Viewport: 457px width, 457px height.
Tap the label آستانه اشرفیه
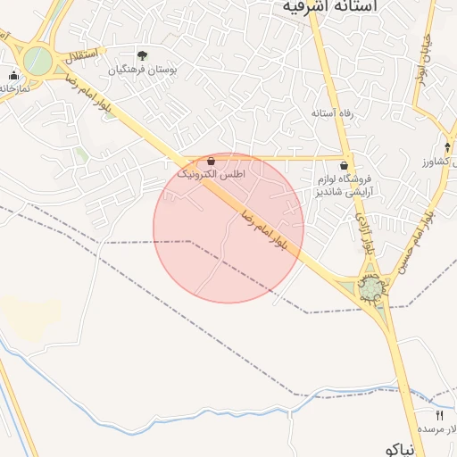click(x=329, y=6)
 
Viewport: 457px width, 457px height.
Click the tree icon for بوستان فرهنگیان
click(x=142, y=55)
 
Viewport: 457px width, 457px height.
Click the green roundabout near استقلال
click(x=37, y=62)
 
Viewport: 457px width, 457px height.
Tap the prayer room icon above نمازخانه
click(x=13, y=75)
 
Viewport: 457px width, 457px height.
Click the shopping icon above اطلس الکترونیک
click(x=211, y=161)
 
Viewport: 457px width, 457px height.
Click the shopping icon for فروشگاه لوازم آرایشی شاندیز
click(x=345, y=165)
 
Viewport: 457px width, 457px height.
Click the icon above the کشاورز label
click(x=447, y=147)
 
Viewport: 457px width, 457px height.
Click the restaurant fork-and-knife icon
click(x=438, y=416)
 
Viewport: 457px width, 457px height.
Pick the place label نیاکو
click(x=398, y=449)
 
